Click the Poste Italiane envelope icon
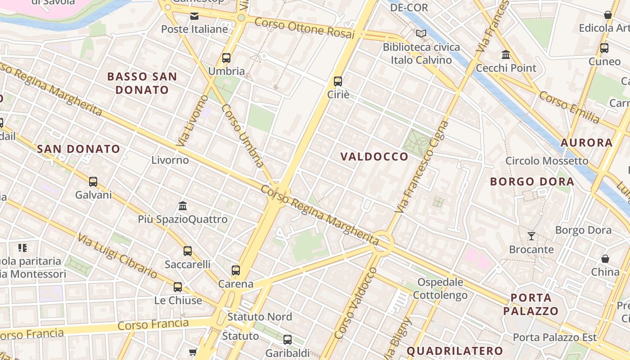194,16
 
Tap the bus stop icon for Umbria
226,58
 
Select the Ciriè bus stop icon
338,81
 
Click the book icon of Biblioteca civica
421,34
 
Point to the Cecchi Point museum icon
506,55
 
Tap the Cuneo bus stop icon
604,48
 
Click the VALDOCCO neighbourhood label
374,157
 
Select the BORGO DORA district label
532,182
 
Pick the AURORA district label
586,143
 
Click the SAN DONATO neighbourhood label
79,149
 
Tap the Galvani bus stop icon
93,182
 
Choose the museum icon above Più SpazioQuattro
183,206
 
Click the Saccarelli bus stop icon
188,251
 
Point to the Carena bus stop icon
236,270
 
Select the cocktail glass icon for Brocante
531,236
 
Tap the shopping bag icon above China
605,259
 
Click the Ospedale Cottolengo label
440,289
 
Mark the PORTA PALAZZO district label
531,304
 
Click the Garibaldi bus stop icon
288,340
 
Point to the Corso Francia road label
153,324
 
